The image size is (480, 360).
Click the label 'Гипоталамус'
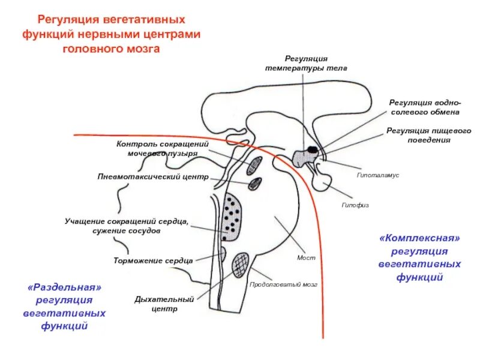click(x=378, y=175)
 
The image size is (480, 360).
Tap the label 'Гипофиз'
click(x=355, y=205)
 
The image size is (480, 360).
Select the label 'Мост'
click(x=306, y=257)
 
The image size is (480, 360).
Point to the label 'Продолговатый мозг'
click(x=283, y=284)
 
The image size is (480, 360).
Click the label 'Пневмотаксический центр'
click(x=153, y=177)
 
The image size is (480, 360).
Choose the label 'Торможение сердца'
click(x=153, y=261)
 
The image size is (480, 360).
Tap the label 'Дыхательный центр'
click(x=164, y=304)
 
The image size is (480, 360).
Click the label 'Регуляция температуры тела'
click(x=306, y=64)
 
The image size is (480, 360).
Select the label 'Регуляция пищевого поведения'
click(x=428, y=135)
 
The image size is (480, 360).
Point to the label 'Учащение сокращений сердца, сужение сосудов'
click(x=127, y=226)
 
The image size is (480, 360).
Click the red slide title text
click(x=112, y=35)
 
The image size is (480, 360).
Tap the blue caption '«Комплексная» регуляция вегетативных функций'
click(x=419, y=257)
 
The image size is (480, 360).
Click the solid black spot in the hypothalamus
click(x=312, y=149)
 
